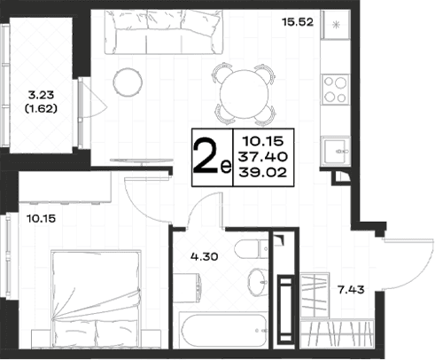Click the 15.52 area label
point(298,22)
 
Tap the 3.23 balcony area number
point(41,95)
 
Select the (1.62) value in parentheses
point(41,109)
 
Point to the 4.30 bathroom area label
point(205,256)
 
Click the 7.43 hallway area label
point(351,290)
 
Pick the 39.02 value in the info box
point(263,172)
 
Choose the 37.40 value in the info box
point(263,157)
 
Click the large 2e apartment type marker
point(212,158)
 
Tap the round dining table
point(245,94)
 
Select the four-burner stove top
point(335,90)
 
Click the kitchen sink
point(336,152)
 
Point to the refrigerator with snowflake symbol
point(336,25)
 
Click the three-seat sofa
point(164,32)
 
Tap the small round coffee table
point(128,82)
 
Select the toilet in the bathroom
point(252,249)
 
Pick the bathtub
point(224,331)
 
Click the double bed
point(96,299)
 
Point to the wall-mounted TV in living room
point(142,160)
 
